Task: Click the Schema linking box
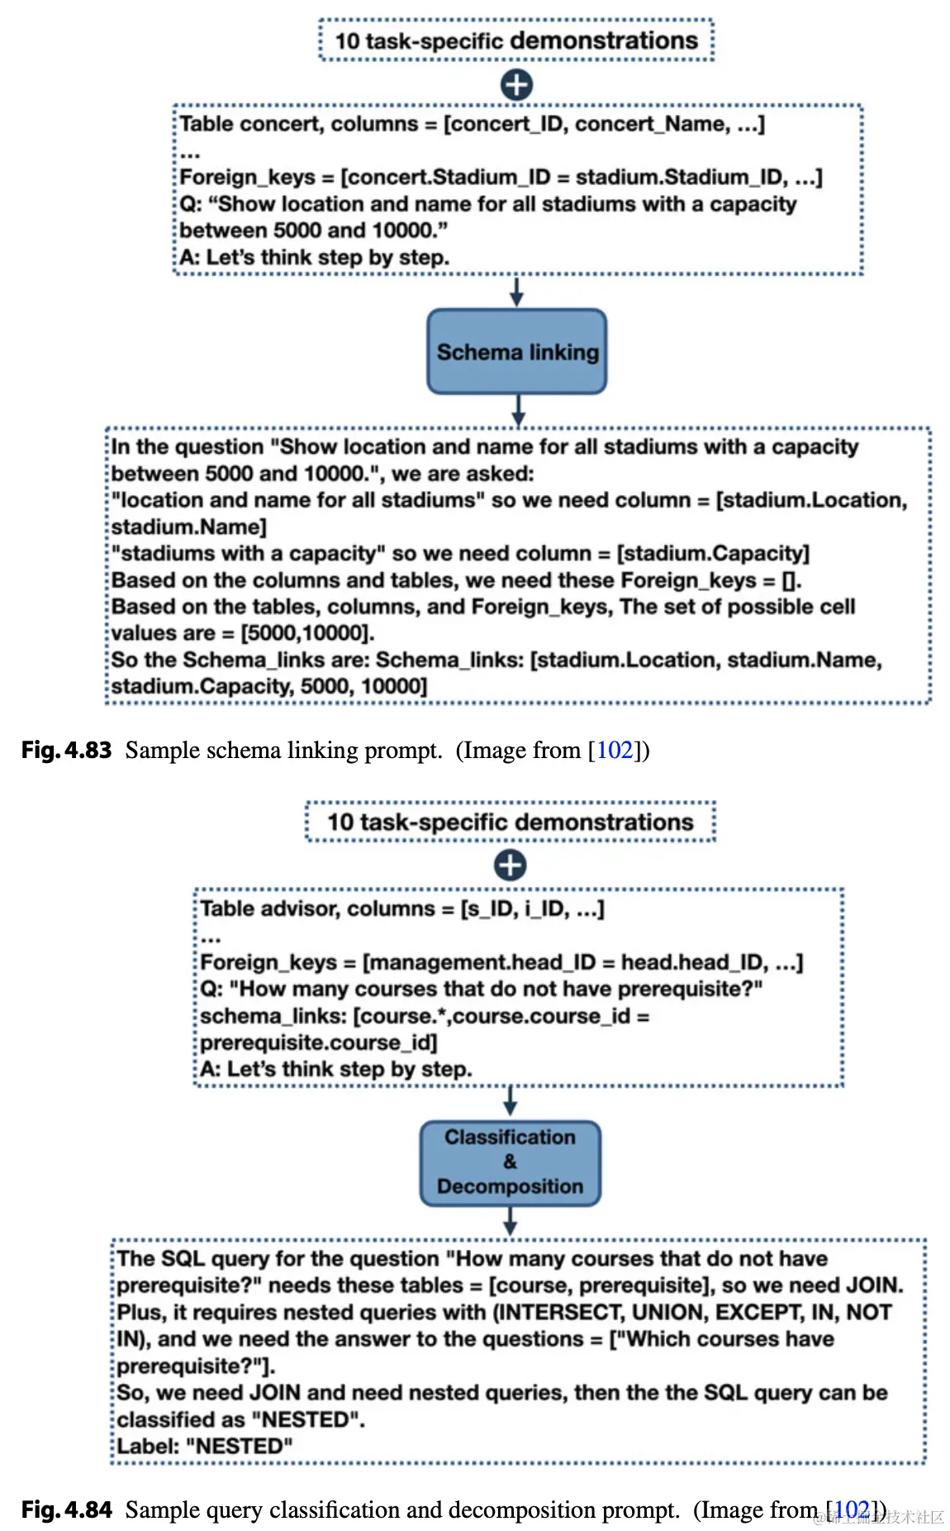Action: point(516,351)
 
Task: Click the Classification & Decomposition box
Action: point(510,1162)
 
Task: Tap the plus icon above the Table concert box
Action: point(516,84)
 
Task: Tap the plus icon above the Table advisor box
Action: point(510,866)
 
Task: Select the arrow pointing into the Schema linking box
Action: point(516,292)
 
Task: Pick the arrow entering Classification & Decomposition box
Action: point(510,1101)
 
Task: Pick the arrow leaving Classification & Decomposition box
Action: point(510,1221)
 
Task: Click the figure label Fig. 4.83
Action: point(66,750)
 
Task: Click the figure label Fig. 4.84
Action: point(66,1510)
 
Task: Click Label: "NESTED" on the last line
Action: point(205,1446)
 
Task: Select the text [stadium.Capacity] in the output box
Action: point(713,553)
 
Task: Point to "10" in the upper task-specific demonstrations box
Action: point(347,41)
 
